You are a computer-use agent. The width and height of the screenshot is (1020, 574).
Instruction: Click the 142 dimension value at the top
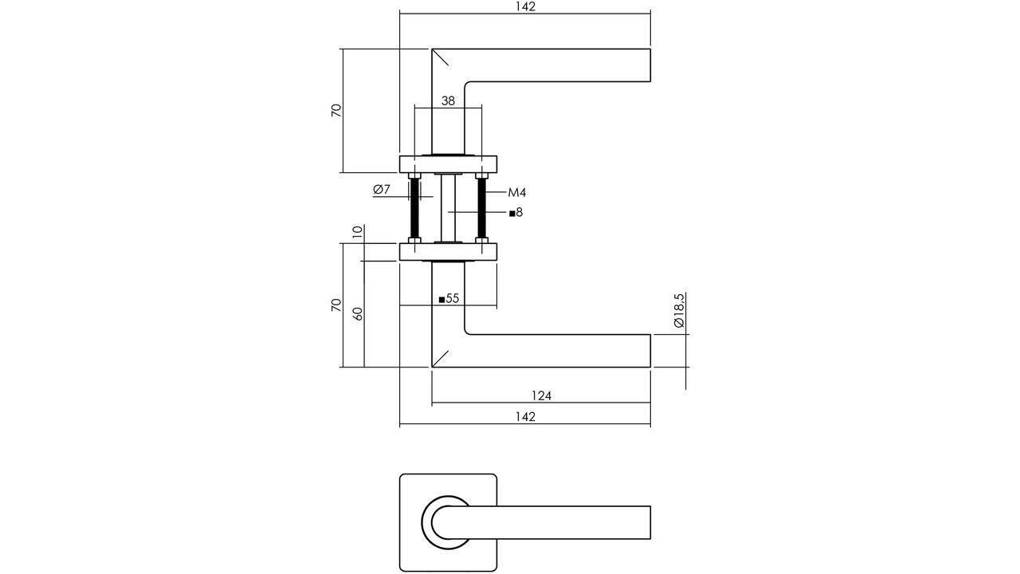pyautogui.click(x=525, y=7)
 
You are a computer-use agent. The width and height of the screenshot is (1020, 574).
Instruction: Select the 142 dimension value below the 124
pyautogui.click(x=525, y=416)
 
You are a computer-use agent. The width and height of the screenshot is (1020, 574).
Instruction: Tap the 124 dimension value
pyautogui.click(x=541, y=395)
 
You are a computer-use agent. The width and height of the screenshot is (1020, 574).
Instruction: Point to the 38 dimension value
pyautogui.click(x=448, y=101)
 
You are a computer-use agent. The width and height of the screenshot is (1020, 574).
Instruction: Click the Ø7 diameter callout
pyautogui.click(x=382, y=190)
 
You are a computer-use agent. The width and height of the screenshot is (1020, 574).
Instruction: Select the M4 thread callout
pyautogui.click(x=517, y=193)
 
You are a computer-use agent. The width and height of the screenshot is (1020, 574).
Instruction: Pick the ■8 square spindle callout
pyautogui.click(x=516, y=213)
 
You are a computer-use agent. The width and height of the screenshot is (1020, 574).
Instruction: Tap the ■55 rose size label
pyautogui.click(x=449, y=299)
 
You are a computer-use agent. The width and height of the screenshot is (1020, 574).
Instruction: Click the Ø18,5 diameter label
pyautogui.click(x=679, y=311)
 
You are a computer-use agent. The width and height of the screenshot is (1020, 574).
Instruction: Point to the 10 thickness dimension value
pyautogui.click(x=358, y=232)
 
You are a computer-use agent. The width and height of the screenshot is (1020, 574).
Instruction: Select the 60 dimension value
pyautogui.click(x=358, y=313)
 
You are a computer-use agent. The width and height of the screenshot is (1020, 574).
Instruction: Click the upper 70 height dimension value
pyautogui.click(x=336, y=110)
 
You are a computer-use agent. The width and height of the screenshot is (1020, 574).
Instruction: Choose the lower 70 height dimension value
pyautogui.click(x=336, y=305)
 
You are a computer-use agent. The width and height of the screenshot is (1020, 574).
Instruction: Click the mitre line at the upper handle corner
pyautogui.click(x=440, y=57)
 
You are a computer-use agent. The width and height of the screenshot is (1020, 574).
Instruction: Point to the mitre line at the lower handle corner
pyautogui.click(x=440, y=359)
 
